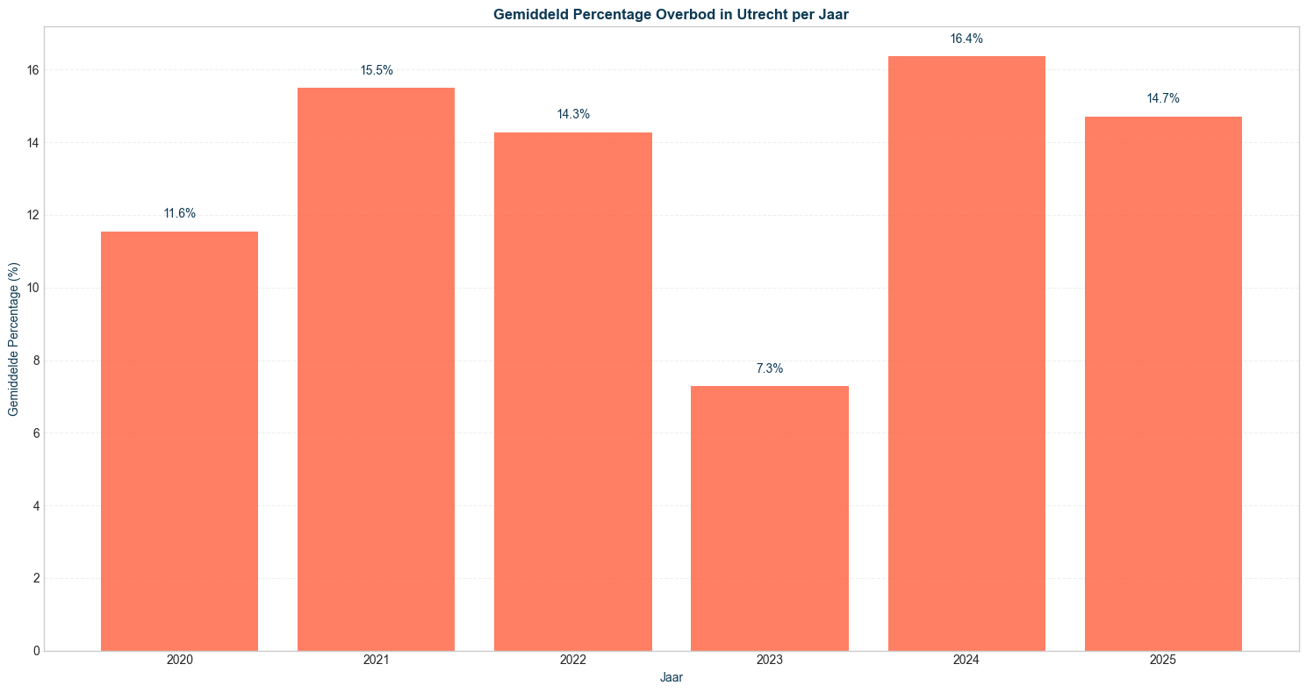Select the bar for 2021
tap(376, 369)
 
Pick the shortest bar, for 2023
tap(770, 518)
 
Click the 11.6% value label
tap(179, 213)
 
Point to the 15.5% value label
tap(376, 70)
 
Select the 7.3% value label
tap(770, 368)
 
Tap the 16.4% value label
tap(966, 39)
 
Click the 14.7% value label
tap(1163, 98)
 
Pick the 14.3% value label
tap(573, 114)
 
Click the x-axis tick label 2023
tap(770, 660)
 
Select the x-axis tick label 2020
tap(179, 660)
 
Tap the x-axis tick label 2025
tap(1163, 660)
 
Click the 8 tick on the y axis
tap(34, 361)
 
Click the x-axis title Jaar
tap(671, 677)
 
